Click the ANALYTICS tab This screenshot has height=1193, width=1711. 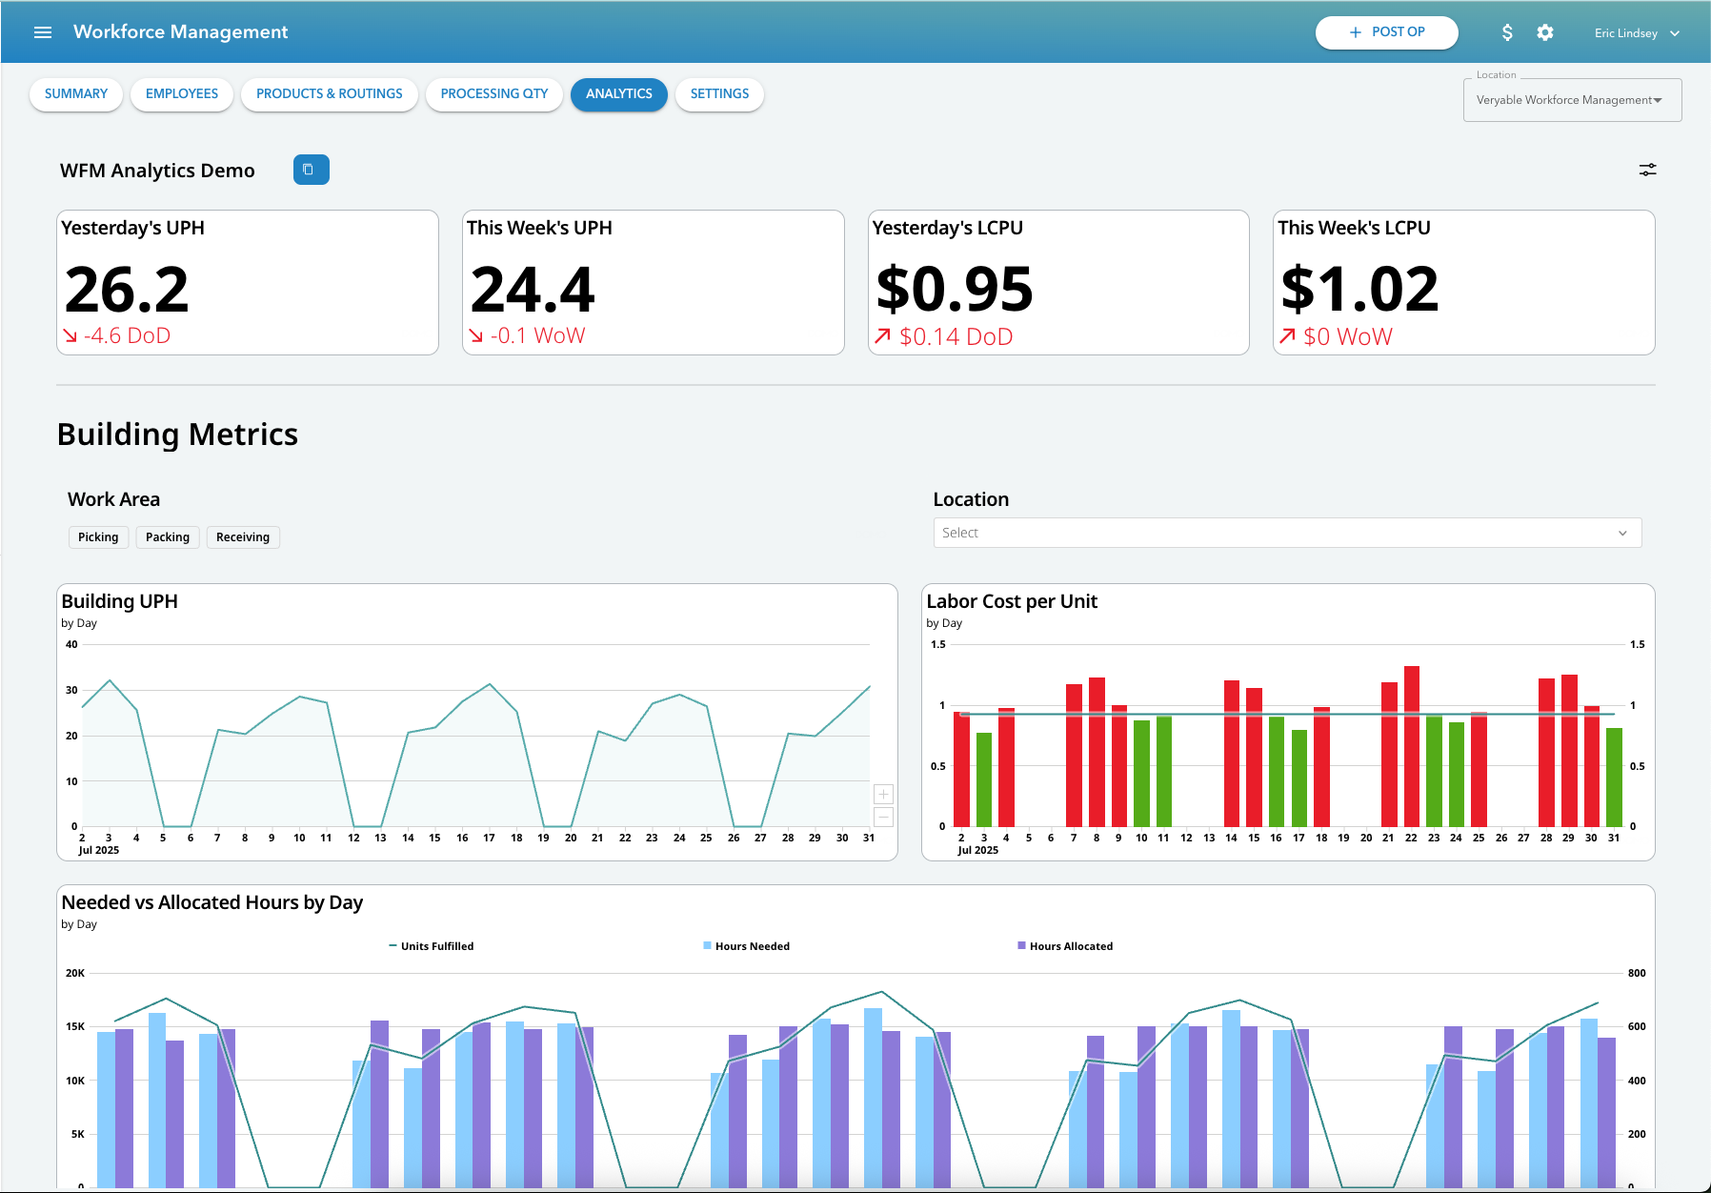pyautogui.click(x=618, y=94)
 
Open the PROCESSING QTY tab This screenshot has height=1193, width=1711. pyautogui.click(x=493, y=94)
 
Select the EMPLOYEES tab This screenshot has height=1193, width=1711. pyautogui.click(x=181, y=94)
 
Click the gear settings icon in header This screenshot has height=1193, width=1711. pyautogui.click(x=1544, y=32)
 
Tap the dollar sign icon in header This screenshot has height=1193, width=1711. pyautogui.click(x=1506, y=32)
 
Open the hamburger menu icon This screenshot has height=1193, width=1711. pyautogui.click(x=43, y=32)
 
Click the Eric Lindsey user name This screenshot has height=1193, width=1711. pyautogui.click(x=1625, y=33)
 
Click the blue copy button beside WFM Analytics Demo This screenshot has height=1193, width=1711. pyautogui.click(x=311, y=170)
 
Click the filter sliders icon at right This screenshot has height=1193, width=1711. pyautogui.click(x=1647, y=170)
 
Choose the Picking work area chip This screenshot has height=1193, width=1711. pyautogui.click(x=98, y=537)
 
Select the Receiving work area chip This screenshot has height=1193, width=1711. pyautogui.click(x=242, y=537)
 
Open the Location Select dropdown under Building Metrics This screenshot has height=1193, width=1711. pyautogui.click(x=1286, y=533)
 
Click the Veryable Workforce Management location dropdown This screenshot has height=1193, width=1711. pyautogui.click(x=1571, y=100)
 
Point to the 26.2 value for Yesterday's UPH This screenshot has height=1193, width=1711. pyautogui.click(x=127, y=289)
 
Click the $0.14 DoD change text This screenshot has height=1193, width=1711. pyautogui.click(x=955, y=336)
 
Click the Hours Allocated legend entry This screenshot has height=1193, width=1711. pyautogui.click(x=1070, y=946)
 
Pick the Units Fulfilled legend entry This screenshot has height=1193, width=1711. pyautogui.click(x=436, y=946)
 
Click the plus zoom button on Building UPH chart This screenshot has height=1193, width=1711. pyautogui.click(x=883, y=794)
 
